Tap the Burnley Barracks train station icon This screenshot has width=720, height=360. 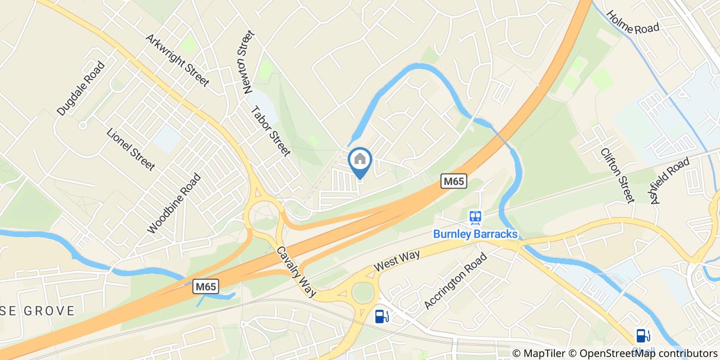475,218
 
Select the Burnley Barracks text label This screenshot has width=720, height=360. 475,234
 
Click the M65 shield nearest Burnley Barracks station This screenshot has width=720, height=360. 454,181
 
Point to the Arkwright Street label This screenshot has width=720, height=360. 177,60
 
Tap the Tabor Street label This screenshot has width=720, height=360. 271,131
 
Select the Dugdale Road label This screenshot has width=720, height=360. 81,88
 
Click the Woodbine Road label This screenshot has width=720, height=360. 174,203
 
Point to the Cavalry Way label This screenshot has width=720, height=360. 296,271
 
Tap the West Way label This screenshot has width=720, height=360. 397,261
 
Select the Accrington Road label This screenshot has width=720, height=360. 455,281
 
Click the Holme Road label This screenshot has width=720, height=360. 633,23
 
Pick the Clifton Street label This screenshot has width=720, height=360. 618,174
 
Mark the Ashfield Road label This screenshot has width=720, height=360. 670,181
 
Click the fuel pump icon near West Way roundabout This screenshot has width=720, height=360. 381,316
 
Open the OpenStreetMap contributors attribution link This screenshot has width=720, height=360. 649,353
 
